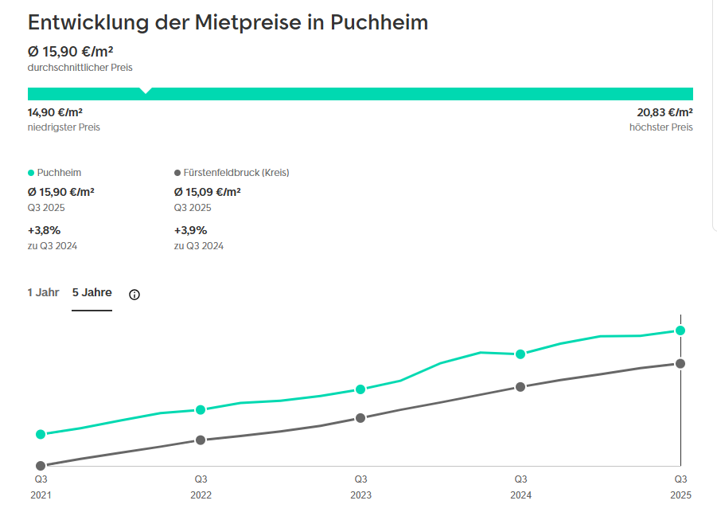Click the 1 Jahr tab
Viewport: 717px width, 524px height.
tap(43, 292)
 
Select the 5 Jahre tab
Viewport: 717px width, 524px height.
tap(92, 292)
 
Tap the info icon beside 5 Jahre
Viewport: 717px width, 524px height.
tap(134, 295)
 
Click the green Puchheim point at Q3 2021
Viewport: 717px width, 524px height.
tap(41, 434)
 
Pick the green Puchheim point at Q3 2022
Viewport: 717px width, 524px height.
tap(201, 409)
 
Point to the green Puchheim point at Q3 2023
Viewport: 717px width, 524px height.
tap(360, 389)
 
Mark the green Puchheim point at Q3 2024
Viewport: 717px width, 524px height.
tap(520, 354)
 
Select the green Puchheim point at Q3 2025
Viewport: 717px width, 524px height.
tap(680, 330)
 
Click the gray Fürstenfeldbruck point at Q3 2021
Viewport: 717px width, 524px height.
tap(41, 466)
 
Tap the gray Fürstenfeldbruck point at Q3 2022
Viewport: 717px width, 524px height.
tap(201, 440)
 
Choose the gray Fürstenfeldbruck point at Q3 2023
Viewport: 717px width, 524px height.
tap(360, 417)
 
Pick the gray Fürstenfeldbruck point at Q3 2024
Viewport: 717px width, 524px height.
tap(520, 387)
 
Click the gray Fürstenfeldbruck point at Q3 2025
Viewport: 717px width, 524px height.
tap(680, 363)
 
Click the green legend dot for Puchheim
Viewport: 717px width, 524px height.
tap(31, 173)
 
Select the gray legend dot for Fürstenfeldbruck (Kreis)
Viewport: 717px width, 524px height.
tap(177, 173)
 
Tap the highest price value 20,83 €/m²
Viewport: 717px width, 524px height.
tap(664, 112)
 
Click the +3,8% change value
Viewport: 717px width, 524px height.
tap(44, 230)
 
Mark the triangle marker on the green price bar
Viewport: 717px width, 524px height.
tap(146, 91)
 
